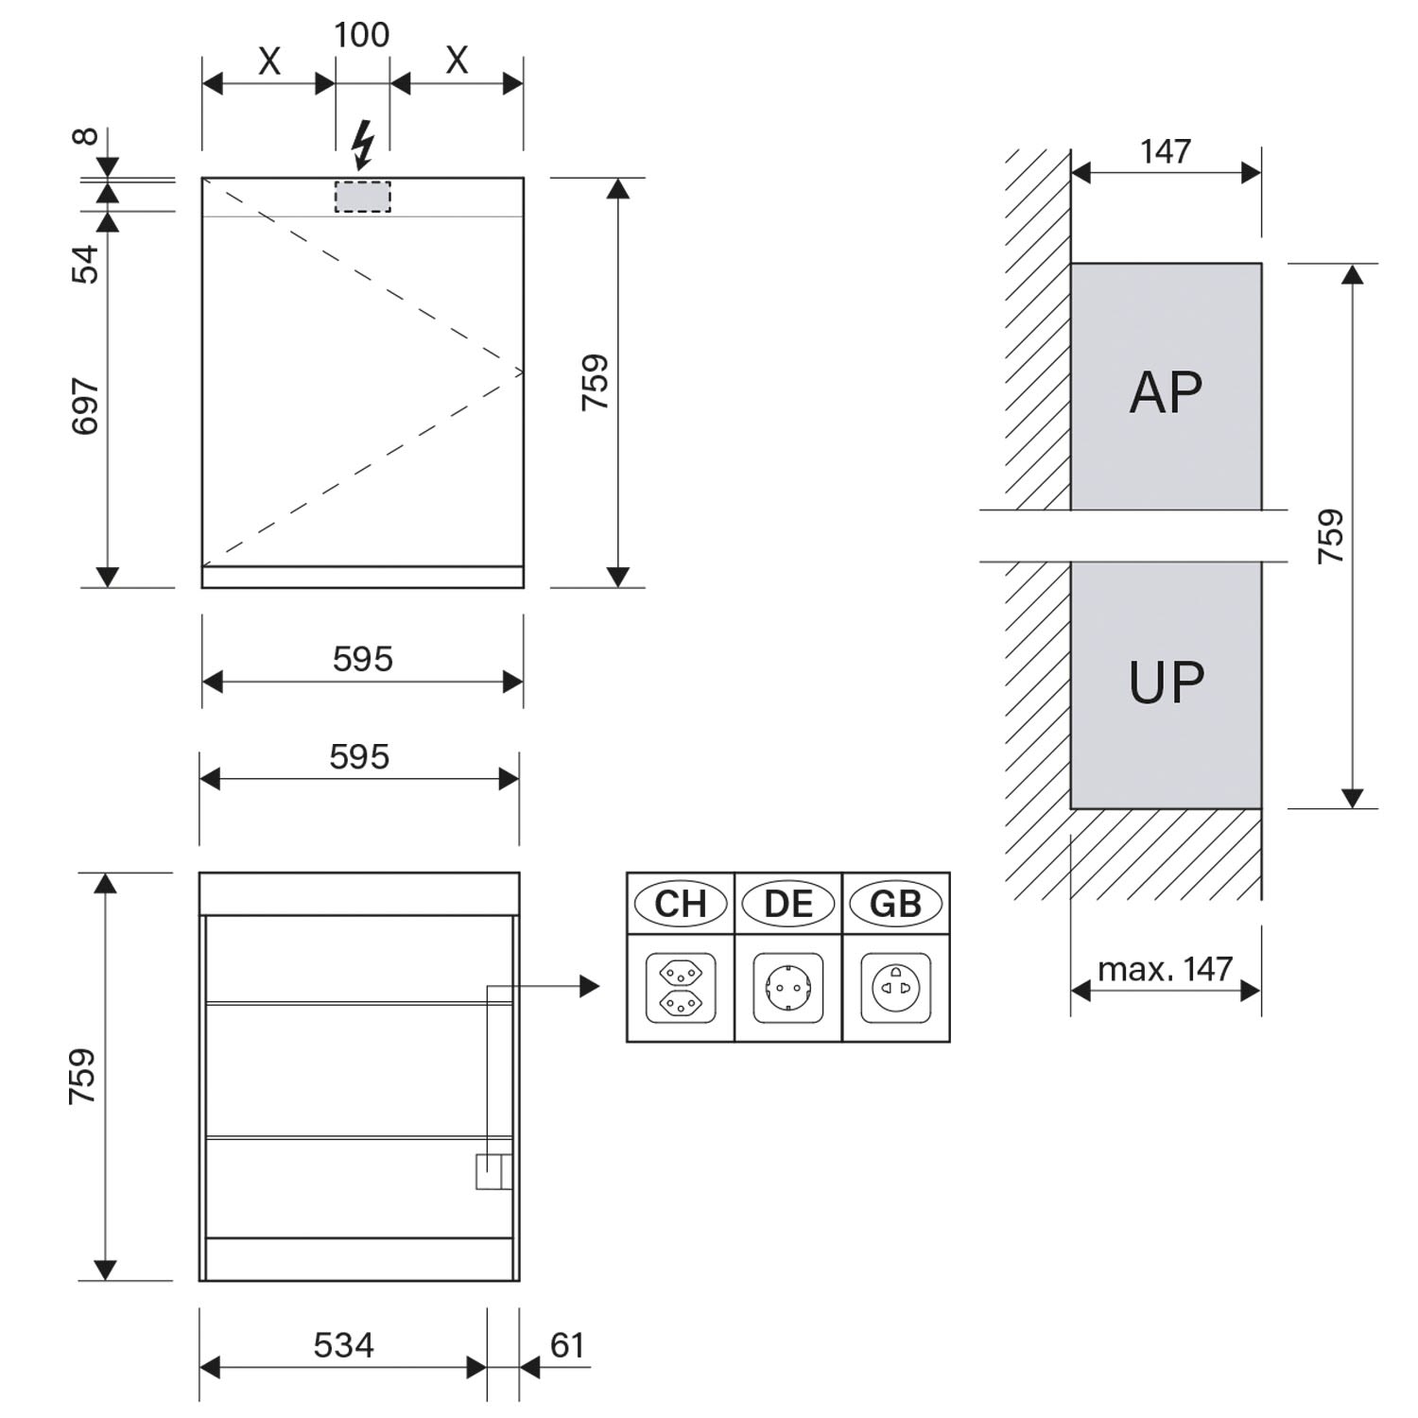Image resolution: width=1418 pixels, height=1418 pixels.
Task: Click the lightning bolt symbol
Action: click(363, 146)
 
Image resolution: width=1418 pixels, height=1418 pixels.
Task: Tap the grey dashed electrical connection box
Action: click(362, 196)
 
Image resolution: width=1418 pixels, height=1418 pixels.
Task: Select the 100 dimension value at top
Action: click(362, 35)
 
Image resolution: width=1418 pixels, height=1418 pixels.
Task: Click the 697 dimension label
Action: click(85, 406)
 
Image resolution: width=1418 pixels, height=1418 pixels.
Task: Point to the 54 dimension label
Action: click(85, 264)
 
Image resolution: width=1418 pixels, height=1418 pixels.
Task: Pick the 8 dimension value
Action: click(85, 137)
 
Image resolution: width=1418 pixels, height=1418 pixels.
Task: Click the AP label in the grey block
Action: click(1166, 391)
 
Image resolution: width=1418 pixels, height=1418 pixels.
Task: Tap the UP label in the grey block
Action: click(1167, 683)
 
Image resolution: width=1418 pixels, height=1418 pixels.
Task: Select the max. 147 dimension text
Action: click(1166, 969)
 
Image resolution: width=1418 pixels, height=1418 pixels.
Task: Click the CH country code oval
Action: click(681, 904)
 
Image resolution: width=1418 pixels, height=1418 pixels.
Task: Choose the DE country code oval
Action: click(788, 904)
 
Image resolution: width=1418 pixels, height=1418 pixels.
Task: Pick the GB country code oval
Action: click(895, 904)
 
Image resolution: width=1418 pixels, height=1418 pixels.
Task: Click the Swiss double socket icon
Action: click(681, 988)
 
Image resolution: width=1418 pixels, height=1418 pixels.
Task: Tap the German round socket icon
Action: click(788, 988)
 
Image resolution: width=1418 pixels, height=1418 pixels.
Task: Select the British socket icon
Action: click(896, 988)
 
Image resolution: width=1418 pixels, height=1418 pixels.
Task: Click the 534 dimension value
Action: click(344, 1344)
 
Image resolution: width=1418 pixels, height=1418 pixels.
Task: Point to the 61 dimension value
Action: click(567, 1344)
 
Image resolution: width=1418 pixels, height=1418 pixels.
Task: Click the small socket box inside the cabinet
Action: click(493, 1171)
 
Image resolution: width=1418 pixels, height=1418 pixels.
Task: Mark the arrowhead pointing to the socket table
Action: click(590, 987)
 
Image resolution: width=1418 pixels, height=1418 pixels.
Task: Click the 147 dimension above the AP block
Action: click(1166, 151)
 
